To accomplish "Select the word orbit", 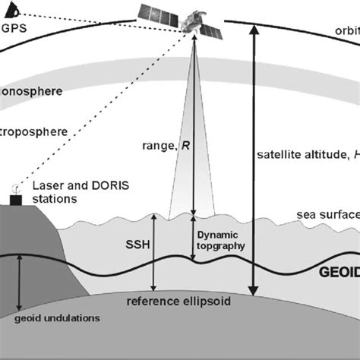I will pos(346,31).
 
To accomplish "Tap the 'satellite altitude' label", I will pos(304,156).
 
